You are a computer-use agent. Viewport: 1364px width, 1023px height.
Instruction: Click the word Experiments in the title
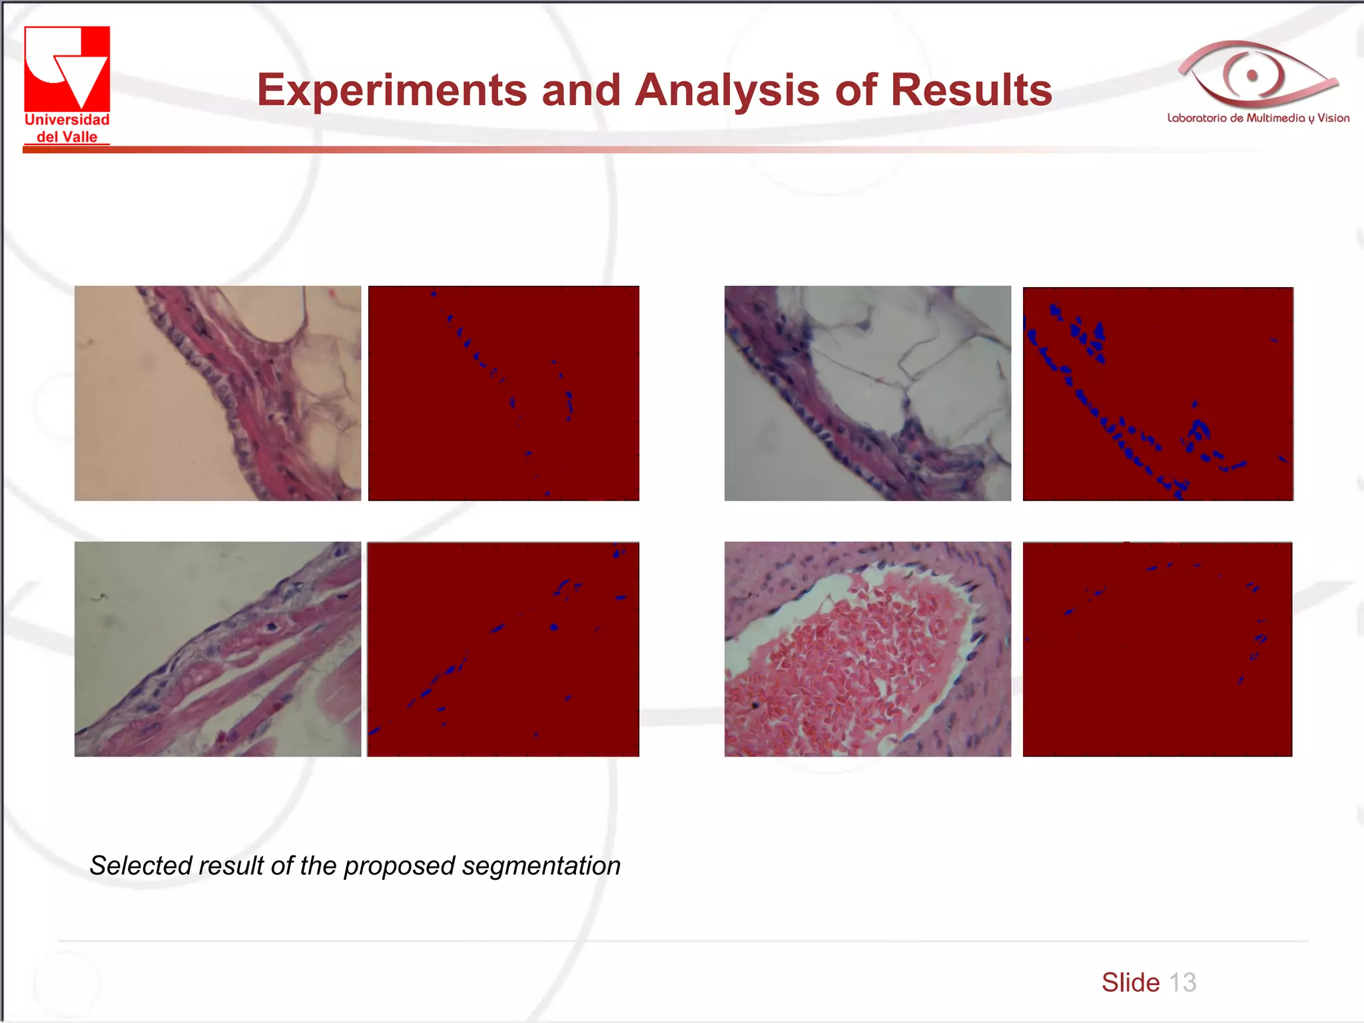392,90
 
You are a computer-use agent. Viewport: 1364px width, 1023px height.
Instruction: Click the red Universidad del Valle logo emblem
67,69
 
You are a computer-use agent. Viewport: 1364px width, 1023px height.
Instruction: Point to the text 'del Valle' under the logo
67,137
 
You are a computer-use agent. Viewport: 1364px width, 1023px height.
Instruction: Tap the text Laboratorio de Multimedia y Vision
1258,119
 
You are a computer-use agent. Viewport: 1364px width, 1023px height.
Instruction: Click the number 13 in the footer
1182,982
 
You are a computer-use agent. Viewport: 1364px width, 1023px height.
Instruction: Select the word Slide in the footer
1130,982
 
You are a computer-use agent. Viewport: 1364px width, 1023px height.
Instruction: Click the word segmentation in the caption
541,866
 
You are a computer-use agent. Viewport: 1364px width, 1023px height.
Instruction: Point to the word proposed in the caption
400,866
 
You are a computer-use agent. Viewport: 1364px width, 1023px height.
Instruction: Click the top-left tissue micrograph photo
217,393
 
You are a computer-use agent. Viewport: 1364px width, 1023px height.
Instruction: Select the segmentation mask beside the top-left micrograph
504,393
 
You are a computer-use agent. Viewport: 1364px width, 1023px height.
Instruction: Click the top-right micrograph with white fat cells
867,393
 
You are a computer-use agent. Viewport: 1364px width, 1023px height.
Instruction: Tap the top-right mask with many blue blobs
1158,393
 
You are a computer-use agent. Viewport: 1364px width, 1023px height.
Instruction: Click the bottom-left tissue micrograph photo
217,649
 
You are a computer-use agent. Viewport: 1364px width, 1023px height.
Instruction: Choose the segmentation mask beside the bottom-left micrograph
504,649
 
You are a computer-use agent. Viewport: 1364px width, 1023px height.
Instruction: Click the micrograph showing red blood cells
867,649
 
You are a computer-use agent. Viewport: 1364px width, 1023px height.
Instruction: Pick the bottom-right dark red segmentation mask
1158,649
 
